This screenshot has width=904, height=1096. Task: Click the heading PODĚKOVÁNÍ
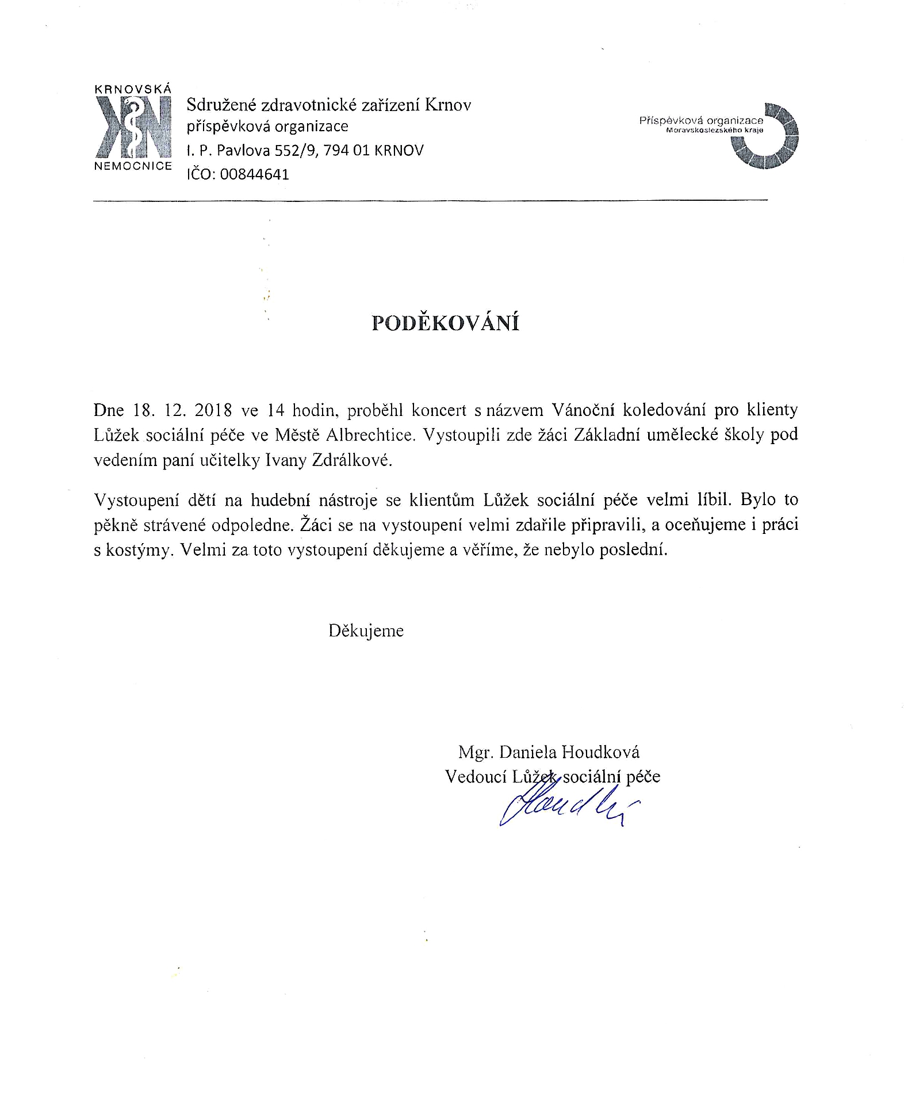445,323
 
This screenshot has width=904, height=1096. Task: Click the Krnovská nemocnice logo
133,127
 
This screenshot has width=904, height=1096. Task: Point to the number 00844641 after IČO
254,174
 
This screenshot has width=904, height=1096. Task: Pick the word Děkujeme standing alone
366,631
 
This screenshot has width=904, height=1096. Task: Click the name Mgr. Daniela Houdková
549,752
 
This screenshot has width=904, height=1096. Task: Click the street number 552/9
298,150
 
